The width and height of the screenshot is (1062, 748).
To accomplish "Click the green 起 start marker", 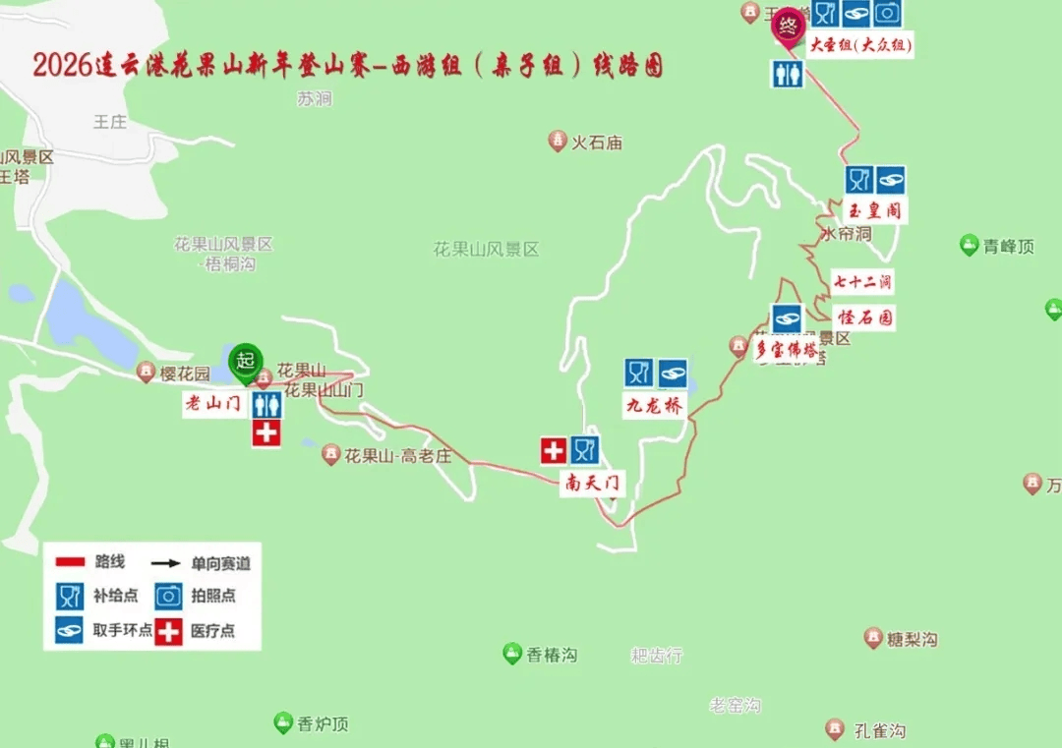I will click(245, 362).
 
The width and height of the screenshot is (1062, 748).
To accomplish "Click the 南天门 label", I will click(594, 483).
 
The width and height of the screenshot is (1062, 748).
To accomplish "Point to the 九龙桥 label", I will click(655, 405).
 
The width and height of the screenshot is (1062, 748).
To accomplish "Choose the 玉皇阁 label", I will click(874, 210).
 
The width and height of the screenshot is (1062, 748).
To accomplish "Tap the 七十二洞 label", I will click(861, 282).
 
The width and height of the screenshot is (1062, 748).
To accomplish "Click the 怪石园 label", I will click(865, 317).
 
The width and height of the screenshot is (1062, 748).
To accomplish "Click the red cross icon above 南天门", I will click(554, 450).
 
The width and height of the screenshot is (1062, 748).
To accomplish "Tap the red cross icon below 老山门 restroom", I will click(266, 432).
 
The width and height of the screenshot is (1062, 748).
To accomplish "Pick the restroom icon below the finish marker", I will click(787, 74).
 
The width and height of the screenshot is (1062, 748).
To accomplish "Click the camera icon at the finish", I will click(887, 13).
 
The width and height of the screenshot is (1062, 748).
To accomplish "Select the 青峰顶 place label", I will click(1008, 247).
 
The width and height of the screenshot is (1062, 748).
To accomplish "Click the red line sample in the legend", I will click(70, 562).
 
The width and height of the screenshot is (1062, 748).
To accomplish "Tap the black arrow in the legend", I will click(165, 563).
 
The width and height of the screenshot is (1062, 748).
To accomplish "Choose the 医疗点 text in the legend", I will click(213, 631).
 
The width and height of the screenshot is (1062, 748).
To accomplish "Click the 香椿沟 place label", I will click(551, 655).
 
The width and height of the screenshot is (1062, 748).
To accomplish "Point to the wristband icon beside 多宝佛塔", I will click(787, 317).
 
